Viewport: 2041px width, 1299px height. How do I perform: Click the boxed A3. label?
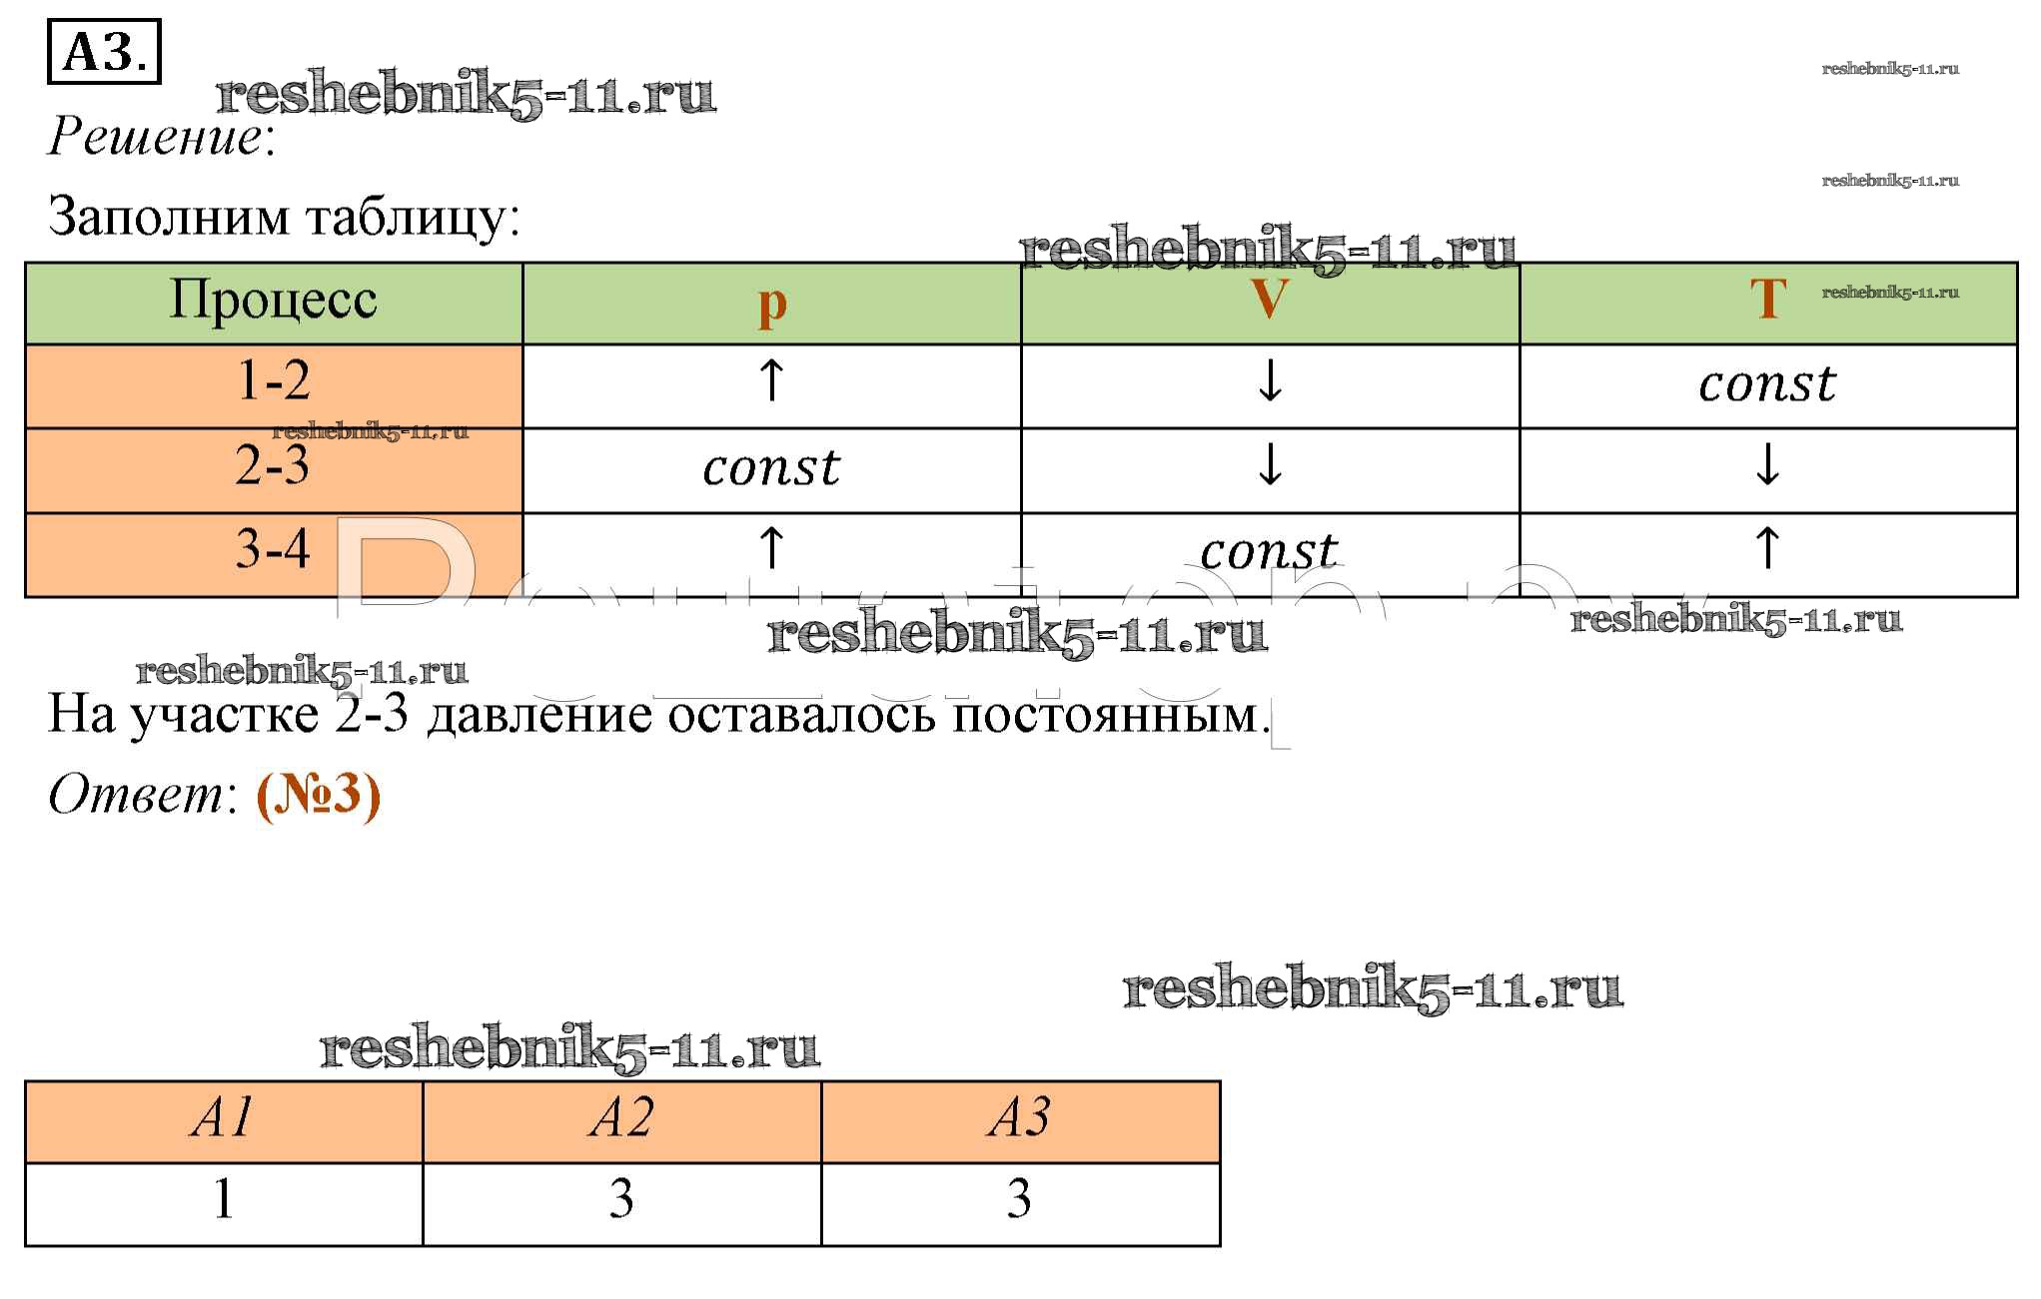(104, 52)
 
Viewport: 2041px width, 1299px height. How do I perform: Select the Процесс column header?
(273, 301)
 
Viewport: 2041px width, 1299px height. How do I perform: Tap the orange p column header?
(771, 304)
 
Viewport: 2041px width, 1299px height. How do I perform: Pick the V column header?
(1269, 300)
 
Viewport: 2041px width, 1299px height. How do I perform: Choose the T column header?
(1767, 300)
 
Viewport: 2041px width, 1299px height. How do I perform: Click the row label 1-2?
(273, 381)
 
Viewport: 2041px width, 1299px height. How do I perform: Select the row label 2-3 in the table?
(273, 466)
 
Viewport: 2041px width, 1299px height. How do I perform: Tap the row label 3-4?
(273, 549)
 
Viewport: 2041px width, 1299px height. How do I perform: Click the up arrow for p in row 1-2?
(771, 380)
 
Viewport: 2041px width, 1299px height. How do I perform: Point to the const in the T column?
(1767, 384)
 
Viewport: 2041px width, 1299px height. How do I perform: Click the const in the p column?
(771, 468)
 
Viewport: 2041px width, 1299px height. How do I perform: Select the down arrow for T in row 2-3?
(1767, 464)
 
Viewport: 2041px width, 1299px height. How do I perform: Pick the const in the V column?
(1269, 552)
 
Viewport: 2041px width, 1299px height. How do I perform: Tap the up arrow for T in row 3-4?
(1767, 548)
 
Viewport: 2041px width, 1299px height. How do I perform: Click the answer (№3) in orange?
(319, 796)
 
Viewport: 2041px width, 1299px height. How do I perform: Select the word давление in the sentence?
(539, 716)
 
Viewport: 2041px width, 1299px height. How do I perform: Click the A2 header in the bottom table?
(621, 1117)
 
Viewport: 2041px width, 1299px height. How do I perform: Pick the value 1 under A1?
(224, 1198)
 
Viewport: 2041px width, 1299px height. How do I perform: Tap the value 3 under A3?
(1019, 1198)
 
